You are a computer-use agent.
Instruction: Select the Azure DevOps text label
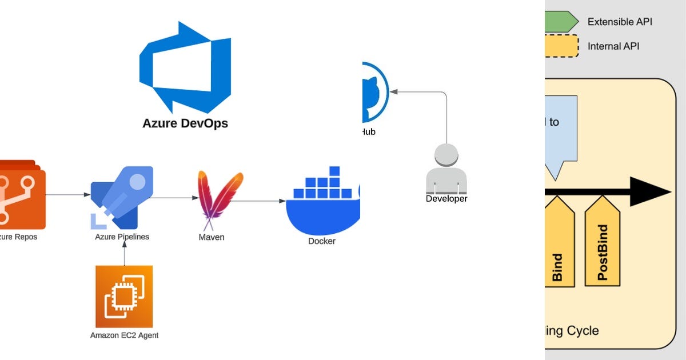tap(185, 123)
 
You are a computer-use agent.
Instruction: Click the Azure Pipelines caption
tap(122, 237)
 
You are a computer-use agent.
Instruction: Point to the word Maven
tap(212, 237)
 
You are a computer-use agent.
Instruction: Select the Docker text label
tap(322, 241)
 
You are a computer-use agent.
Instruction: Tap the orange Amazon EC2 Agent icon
tap(124, 296)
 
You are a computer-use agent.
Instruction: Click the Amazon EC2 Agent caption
tap(124, 335)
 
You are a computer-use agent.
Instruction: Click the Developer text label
tap(446, 199)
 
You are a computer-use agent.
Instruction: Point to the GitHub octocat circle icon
tap(374, 91)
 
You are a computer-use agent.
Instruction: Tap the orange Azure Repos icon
tap(22, 194)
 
